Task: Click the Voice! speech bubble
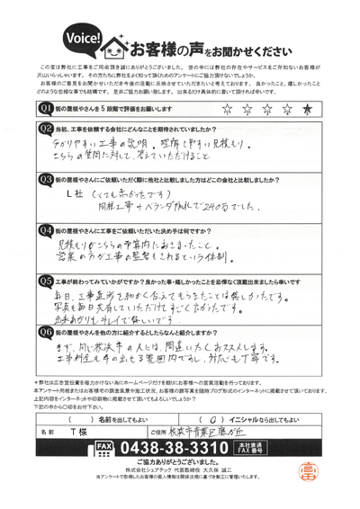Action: [x=84, y=38]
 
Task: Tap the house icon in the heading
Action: [x=116, y=44]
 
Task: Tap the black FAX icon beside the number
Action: [x=104, y=447]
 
